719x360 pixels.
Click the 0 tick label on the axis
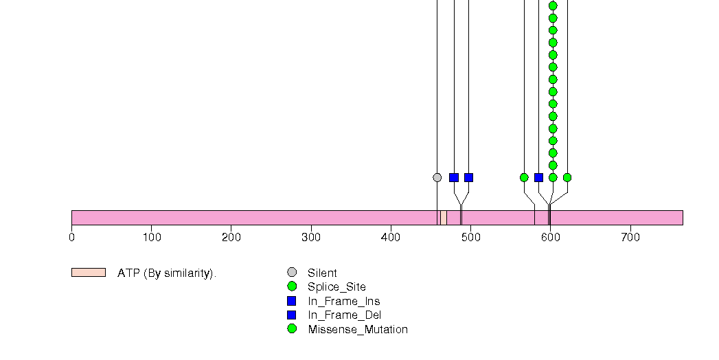71,238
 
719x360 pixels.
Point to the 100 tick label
152,238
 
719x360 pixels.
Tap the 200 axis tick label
231,238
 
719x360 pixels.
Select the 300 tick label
311,238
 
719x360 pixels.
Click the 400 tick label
391,238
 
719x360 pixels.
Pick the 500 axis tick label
471,238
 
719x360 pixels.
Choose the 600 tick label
551,238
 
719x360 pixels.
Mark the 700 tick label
630,238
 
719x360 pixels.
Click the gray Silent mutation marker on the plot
437,177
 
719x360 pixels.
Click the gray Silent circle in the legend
292,273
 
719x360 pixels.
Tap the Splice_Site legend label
336,287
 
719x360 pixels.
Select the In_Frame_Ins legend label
343,301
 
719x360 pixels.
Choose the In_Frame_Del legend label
344,315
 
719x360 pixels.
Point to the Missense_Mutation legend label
358,330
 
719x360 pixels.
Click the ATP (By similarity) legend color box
89,273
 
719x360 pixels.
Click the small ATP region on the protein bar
444,218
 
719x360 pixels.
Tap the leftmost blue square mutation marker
454,177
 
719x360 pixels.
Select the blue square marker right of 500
538,177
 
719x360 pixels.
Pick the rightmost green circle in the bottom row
567,177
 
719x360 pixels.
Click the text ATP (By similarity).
167,273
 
